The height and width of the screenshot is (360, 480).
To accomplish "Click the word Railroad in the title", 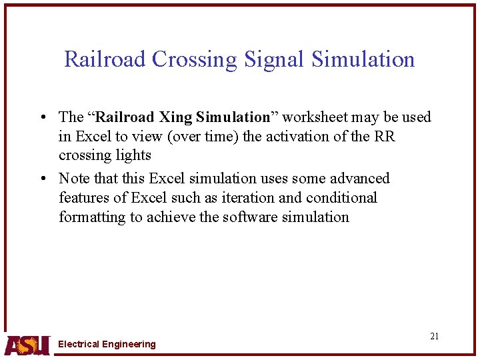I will pyautogui.click(x=105, y=59).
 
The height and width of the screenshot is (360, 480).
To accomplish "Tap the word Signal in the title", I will pyautogui.click(x=273, y=59).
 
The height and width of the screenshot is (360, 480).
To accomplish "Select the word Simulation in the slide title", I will pyautogui.click(x=363, y=59).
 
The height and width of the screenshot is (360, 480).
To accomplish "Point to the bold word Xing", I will pyautogui.click(x=177, y=117).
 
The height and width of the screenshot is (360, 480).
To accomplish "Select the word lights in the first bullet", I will pyautogui.click(x=133, y=155).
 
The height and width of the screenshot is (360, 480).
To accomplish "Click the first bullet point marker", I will pyautogui.click(x=42, y=118).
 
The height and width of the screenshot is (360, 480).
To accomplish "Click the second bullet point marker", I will pyautogui.click(x=42, y=179).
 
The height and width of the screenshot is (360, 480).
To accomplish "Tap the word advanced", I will pyautogui.click(x=359, y=179).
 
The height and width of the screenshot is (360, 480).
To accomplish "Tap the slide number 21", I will pyautogui.click(x=434, y=336).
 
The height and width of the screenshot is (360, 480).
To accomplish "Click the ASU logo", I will pyautogui.click(x=27, y=344).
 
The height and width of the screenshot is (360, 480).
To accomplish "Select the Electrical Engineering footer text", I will pyautogui.click(x=107, y=344).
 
